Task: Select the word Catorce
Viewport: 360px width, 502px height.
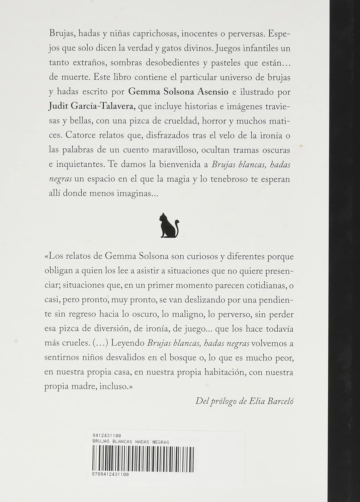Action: (80, 135)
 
